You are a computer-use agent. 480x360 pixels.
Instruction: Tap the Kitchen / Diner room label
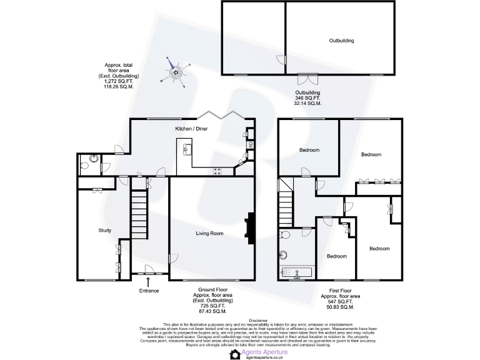pyautogui.click(x=191, y=129)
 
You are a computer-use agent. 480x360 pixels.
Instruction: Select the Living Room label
pyautogui.click(x=210, y=234)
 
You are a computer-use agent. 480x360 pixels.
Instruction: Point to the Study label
pyautogui.click(x=105, y=231)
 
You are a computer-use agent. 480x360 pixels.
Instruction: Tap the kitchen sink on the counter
pyautogui.click(x=187, y=150)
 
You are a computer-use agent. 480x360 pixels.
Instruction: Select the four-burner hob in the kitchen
pyautogui.click(x=219, y=171)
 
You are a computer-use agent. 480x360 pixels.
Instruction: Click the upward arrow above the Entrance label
pyautogui.click(x=148, y=282)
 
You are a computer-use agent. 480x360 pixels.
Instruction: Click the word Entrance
pyautogui.click(x=149, y=291)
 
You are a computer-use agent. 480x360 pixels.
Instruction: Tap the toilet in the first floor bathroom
pyautogui.click(x=285, y=234)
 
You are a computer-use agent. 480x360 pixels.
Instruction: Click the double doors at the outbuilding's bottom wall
pyautogui.click(x=307, y=79)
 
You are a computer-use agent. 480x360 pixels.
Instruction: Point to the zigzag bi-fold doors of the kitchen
pyautogui.click(x=222, y=116)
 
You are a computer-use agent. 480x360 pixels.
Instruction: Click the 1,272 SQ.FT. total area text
pyautogui.click(x=119, y=81)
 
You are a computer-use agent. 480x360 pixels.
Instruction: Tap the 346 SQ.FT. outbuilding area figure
pyautogui.click(x=307, y=98)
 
